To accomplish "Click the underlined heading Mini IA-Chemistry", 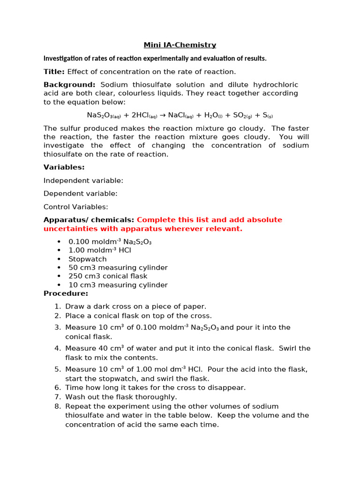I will point(180,45).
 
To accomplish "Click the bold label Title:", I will point(54,72).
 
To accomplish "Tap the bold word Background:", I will point(69,85).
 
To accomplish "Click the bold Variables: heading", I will point(64,167).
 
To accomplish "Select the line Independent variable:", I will point(83,180).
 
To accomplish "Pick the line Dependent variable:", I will point(81,194).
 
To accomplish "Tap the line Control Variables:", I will point(76,207).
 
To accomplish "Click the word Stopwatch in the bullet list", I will point(88,259).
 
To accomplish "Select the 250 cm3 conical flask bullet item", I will point(108,276).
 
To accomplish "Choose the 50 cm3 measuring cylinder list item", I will point(118,268).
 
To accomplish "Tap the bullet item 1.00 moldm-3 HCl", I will point(100,250).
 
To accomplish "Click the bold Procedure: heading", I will point(66,293).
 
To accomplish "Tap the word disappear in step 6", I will point(228,388).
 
